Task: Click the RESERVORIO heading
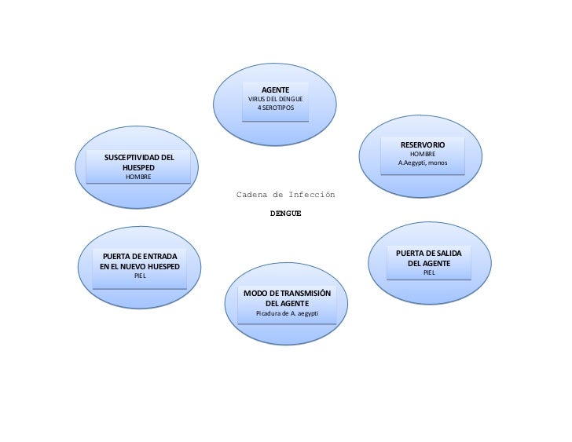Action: click(x=423, y=145)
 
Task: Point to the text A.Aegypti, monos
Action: click(x=423, y=163)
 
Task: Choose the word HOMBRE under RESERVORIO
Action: click(x=423, y=154)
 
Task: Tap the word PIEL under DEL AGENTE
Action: click(x=429, y=272)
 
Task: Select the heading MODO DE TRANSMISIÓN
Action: click(x=287, y=293)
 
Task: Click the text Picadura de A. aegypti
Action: click(x=287, y=313)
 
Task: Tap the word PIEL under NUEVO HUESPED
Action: click(x=139, y=277)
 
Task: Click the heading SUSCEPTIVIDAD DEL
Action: click(x=139, y=159)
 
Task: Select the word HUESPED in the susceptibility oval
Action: click(x=138, y=169)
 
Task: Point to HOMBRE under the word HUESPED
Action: click(x=138, y=178)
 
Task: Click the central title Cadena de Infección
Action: click(x=286, y=194)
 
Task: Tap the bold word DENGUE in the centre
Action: click(x=285, y=213)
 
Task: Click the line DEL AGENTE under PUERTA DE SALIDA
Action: click(x=429, y=263)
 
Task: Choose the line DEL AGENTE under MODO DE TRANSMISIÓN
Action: click(x=287, y=303)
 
